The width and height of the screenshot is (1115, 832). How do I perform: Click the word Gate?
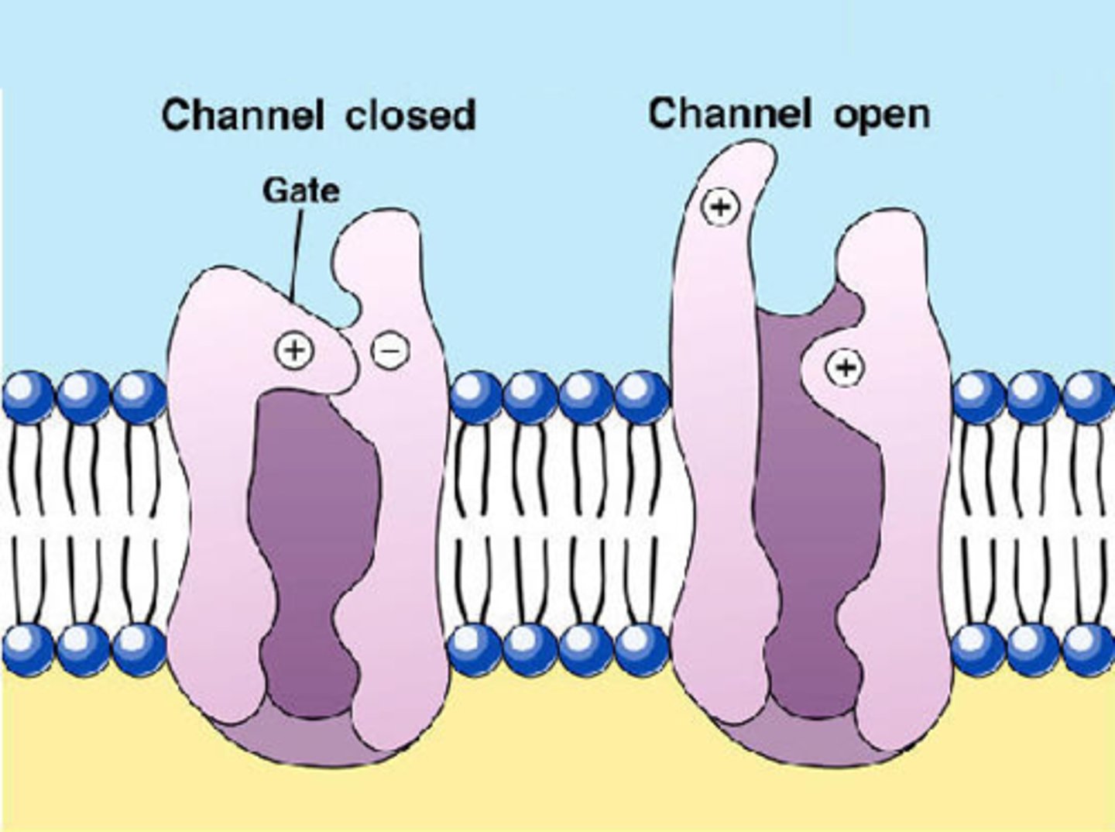coord(300,191)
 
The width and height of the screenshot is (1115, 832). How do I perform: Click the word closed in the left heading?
coord(410,116)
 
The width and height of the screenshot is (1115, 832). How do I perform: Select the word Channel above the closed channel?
coord(242,115)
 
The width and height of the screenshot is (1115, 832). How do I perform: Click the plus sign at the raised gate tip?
coord(720,206)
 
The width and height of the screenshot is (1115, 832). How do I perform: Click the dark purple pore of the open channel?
coord(805,527)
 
